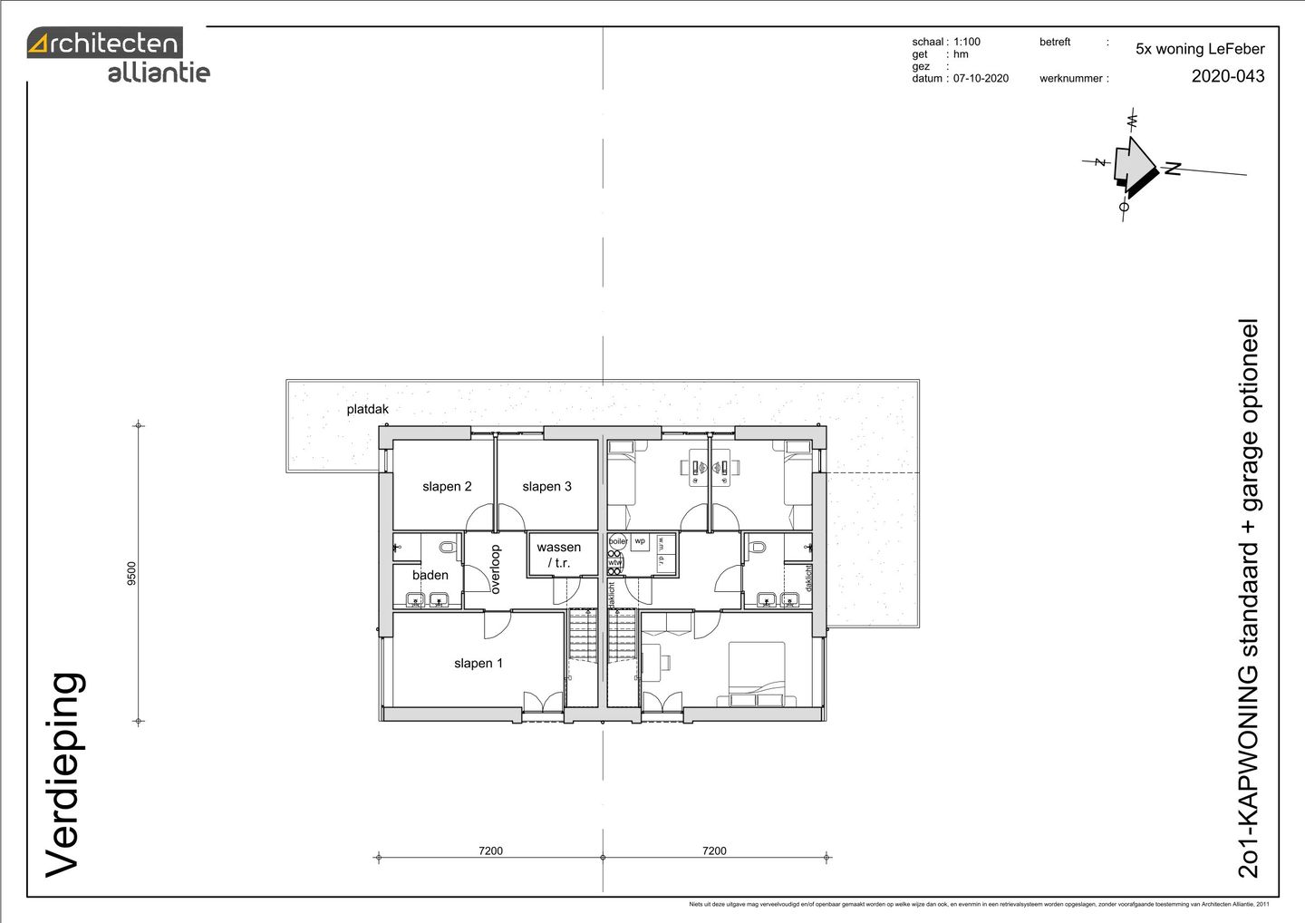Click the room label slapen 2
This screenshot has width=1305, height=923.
(x=447, y=487)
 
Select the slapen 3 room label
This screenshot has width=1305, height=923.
(x=546, y=487)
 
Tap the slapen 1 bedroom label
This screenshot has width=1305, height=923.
(x=478, y=664)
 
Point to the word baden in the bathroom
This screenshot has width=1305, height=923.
(x=430, y=575)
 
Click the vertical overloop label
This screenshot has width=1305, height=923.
(x=495, y=569)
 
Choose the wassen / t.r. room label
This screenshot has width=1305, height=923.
(x=559, y=555)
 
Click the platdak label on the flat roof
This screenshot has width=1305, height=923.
(x=367, y=410)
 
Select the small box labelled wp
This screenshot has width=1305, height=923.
(x=640, y=541)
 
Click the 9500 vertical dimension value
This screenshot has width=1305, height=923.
(x=132, y=574)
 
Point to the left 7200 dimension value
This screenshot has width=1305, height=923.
(x=490, y=850)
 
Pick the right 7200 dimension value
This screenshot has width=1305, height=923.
(x=714, y=850)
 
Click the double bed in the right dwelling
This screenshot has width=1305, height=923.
(x=757, y=673)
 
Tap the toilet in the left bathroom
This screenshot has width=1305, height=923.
(x=447, y=548)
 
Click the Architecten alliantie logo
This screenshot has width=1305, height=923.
(x=118, y=56)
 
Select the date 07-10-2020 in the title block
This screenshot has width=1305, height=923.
(x=981, y=79)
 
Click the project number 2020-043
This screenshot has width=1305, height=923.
(x=1227, y=76)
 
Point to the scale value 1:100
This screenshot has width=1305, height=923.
(x=966, y=42)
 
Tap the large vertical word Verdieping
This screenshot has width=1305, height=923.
(x=64, y=775)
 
